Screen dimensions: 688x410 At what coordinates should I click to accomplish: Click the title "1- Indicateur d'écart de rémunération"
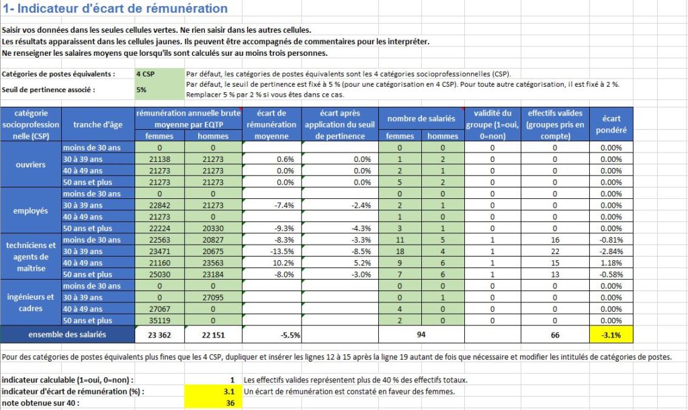click(x=116, y=8)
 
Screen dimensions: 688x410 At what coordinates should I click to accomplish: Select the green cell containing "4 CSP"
click(x=160, y=74)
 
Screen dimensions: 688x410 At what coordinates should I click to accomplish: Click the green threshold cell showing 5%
click(x=160, y=89)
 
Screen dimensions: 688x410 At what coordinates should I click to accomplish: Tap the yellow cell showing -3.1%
click(x=611, y=335)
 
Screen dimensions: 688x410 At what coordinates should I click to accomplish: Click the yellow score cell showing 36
click(x=213, y=403)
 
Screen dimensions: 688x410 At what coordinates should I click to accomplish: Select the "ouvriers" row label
click(x=31, y=165)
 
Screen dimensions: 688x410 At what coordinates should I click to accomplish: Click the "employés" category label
click(x=31, y=210)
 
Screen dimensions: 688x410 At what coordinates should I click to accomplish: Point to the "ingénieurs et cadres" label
click(x=31, y=302)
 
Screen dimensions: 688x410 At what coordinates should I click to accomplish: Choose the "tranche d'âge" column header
click(x=98, y=124)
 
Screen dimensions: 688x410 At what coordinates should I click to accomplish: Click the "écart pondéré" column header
click(x=611, y=124)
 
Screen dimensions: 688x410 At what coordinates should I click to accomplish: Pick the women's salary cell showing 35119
click(x=160, y=321)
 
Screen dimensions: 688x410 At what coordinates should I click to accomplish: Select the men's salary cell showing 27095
click(x=213, y=297)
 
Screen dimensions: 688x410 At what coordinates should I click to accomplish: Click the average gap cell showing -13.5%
click(x=271, y=251)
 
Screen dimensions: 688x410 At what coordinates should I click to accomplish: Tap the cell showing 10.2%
click(x=271, y=263)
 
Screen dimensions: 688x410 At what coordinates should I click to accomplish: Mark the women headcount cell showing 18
click(x=400, y=251)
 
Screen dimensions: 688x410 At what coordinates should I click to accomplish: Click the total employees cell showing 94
click(x=421, y=335)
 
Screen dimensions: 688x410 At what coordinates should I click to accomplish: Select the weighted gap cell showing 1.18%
click(x=611, y=263)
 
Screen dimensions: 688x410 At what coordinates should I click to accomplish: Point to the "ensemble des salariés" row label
click(x=67, y=335)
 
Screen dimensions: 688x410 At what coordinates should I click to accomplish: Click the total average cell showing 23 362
click(x=160, y=335)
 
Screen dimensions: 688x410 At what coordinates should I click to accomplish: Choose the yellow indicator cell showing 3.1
click(x=213, y=392)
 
